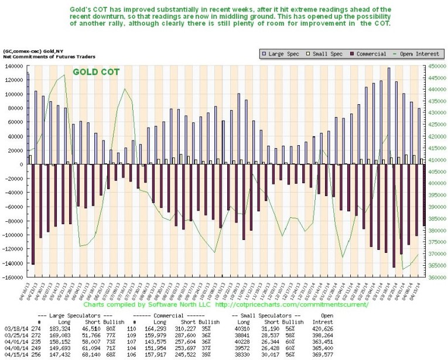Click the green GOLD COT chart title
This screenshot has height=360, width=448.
(x=96, y=72)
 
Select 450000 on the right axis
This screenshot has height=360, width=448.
(x=435, y=66)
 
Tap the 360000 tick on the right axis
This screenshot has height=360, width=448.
(x=435, y=277)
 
